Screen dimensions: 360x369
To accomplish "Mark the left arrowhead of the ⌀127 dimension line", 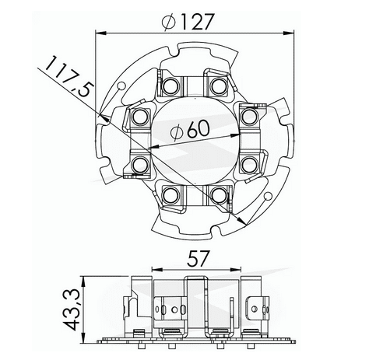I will (98, 33).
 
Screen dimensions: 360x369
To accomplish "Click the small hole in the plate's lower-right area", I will (267, 196).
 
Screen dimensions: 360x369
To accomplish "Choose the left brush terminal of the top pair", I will (170, 83).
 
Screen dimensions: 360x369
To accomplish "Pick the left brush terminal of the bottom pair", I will (170, 195).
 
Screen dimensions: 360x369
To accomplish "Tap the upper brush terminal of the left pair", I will (140, 117).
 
